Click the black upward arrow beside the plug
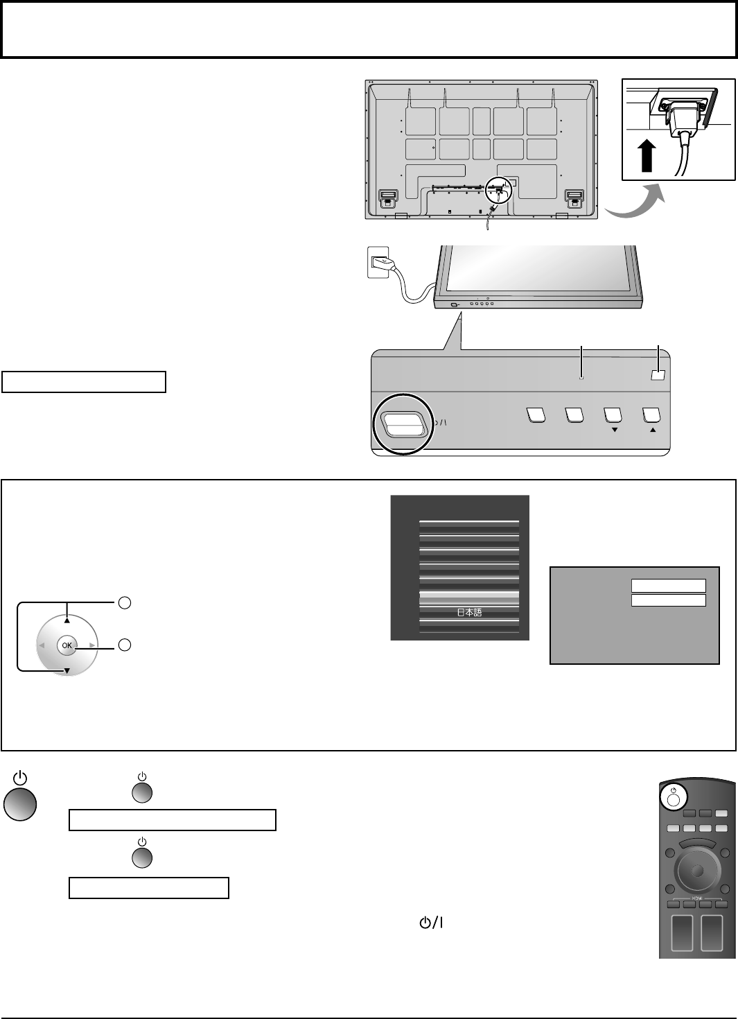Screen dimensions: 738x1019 click(x=648, y=153)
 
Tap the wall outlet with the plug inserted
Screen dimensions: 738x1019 click(x=378, y=263)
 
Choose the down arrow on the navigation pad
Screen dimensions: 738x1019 click(x=67, y=670)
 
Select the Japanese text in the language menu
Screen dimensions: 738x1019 click(x=469, y=613)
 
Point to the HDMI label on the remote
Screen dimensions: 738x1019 click(x=697, y=894)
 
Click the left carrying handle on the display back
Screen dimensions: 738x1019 click(x=387, y=198)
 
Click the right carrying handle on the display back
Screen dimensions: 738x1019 click(x=573, y=198)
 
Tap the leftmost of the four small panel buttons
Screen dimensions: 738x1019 click(x=534, y=415)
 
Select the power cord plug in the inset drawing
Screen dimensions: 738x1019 click(x=682, y=118)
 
